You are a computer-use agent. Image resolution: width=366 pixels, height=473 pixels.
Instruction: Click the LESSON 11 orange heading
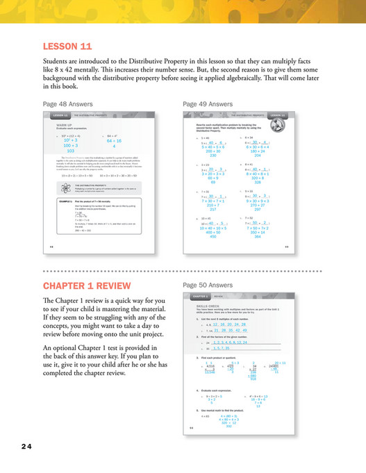(67, 47)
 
